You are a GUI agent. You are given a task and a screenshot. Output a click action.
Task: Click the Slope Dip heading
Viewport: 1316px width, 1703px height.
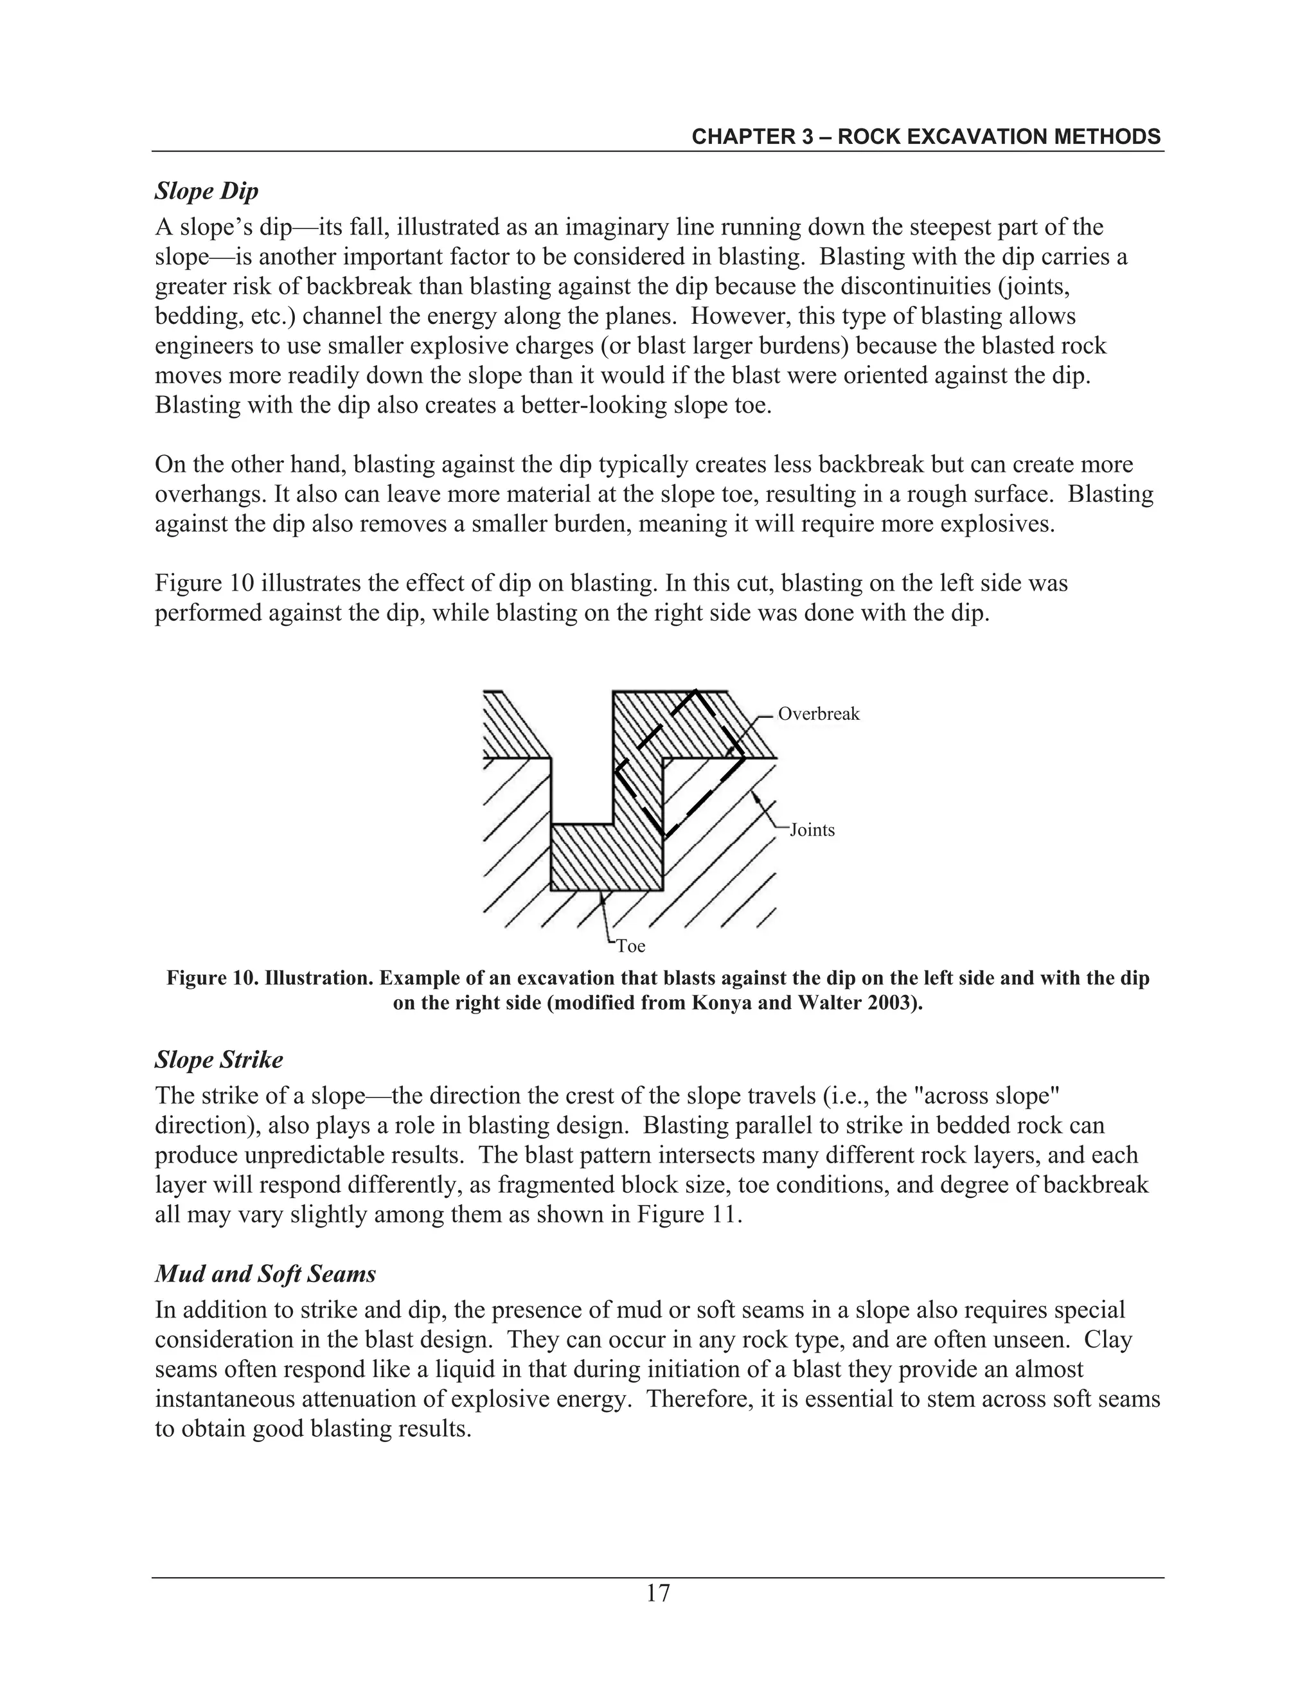coord(207,191)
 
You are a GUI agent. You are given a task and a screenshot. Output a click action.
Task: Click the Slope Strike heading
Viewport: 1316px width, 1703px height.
coord(219,1060)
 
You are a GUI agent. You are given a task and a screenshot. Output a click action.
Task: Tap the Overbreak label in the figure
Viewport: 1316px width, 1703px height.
coord(818,714)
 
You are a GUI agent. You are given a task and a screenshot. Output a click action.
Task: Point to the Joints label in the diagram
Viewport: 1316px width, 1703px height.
coord(812,830)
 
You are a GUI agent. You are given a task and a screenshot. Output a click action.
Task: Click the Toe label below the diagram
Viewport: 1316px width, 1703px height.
coord(631,947)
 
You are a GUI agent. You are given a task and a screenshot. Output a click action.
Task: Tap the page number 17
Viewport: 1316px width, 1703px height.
coord(657,1593)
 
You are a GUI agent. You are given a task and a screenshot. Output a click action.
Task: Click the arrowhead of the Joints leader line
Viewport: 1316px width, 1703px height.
coord(754,796)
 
